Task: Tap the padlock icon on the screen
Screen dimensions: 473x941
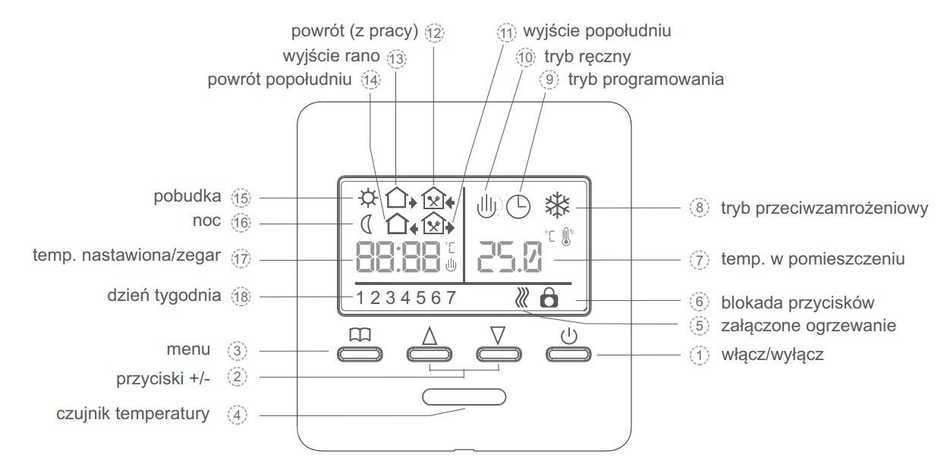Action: tap(548, 297)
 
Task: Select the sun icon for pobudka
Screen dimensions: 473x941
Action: tap(368, 199)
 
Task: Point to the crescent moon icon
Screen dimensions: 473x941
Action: tap(367, 224)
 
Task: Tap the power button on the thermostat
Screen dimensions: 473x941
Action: tap(568, 353)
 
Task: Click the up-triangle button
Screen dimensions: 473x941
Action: tap(430, 353)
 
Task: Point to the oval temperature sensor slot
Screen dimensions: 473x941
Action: tap(464, 396)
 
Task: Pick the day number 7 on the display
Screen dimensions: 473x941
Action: tap(451, 297)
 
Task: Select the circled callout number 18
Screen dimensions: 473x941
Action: tap(241, 296)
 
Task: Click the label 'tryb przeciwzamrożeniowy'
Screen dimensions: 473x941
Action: tap(824, 208)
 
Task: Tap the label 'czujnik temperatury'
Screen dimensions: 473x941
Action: tap(132, 415)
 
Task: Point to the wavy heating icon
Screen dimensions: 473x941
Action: tap(520, 297)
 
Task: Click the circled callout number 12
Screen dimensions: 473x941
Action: tap(434, 33)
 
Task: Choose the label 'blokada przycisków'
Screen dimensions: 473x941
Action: tap(798, 302)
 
